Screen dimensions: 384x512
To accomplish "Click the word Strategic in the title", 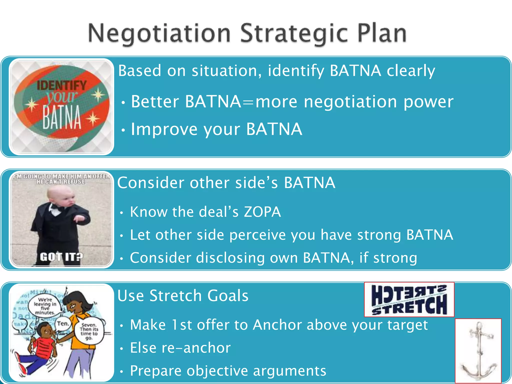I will pos(294,33).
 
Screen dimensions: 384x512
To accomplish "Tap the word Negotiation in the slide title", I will pos(159,33).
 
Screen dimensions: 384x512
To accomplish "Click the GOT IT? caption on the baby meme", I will pos(61,257).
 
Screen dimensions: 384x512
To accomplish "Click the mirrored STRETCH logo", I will pos(409,299).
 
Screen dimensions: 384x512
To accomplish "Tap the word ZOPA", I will pos(262,212).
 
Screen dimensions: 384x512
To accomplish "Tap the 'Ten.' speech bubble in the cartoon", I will pos(62,323).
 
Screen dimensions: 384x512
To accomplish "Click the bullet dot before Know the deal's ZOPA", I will pos(121,213).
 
